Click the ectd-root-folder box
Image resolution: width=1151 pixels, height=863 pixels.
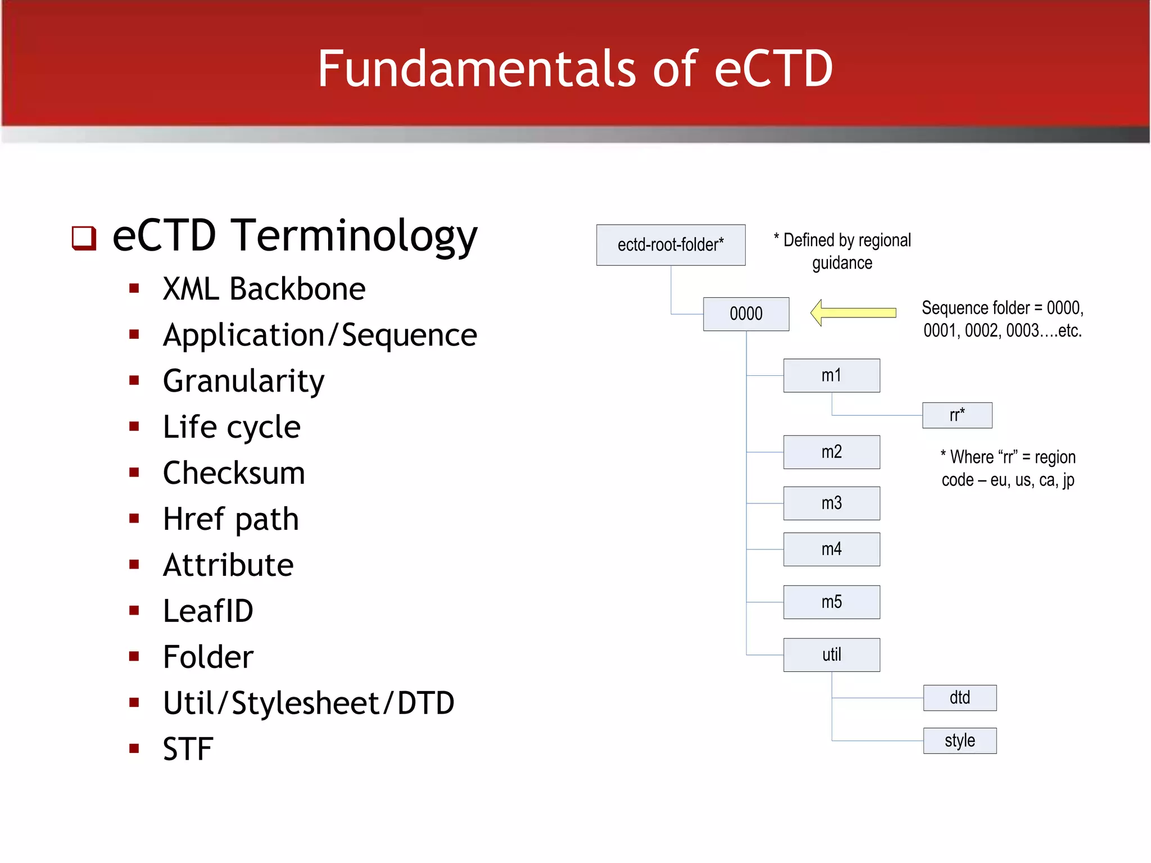[x=670, y=245]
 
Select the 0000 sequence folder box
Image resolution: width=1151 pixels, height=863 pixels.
[x=746, y=314]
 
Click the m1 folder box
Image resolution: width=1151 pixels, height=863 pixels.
[x=831, y=375]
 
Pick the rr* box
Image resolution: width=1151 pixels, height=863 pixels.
[x=957, y=415]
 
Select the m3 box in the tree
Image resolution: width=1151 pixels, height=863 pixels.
[x=831, y=503]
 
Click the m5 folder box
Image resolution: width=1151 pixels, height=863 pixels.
[x=831, y=602]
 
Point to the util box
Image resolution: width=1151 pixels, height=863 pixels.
[x=831, y=655]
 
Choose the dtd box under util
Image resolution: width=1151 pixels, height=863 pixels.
[x=959, y=698]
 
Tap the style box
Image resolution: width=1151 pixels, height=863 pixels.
[x=959, y=741]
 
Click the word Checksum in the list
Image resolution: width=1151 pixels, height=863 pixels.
[x=234, y=473]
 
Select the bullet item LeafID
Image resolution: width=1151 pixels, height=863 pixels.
[x=208, y=611]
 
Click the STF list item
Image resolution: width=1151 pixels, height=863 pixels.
[x=188, y=749]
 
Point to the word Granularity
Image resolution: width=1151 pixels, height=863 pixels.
[x=243, y=381]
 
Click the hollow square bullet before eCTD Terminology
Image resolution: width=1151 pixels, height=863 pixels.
[x=84, y=238]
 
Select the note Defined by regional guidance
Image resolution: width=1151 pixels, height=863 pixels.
[x=842, y=251]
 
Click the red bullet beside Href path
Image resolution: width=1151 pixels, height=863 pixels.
[x=134, y=519]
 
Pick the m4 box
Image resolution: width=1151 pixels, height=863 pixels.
[x=831, y=549]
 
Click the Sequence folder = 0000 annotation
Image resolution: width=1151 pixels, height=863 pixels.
[x=1002, y=319]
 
